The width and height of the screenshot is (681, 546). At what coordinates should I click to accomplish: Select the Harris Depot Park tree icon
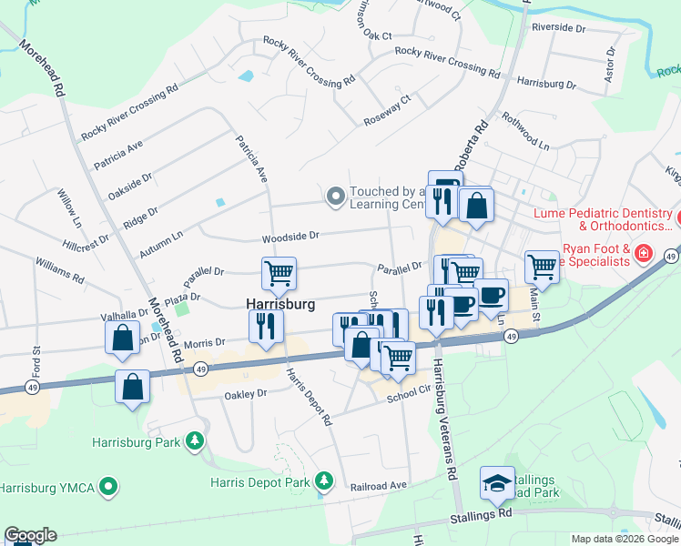point(323,480)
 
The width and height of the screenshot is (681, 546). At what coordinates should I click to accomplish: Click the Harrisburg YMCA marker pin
point(109,488)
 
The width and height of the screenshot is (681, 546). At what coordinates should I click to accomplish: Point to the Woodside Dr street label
point(290,236)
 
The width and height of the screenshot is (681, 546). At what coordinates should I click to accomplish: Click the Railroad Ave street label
point(379,487)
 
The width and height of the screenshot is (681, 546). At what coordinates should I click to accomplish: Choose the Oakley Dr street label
point(247,394)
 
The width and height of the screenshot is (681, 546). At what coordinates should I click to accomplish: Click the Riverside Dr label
point(558,28)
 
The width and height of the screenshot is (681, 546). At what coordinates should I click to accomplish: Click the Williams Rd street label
point(60,268)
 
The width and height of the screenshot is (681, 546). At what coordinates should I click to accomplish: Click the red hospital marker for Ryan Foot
point(643,252)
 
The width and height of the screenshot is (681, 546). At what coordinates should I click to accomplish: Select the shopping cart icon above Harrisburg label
point(279,271)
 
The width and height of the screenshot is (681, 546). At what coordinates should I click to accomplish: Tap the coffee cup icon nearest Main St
point(492,294)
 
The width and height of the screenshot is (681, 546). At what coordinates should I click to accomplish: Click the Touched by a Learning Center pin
point(335,195)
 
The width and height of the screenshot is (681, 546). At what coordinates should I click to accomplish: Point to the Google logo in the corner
point(30,535)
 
